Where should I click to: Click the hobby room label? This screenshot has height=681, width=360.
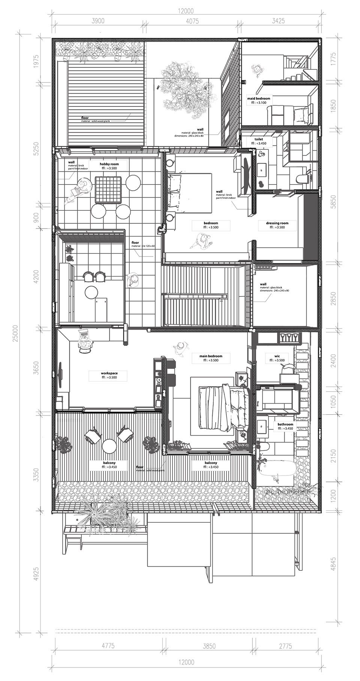[x=109, y=164]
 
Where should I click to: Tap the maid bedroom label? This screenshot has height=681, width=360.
[x=258, y=99]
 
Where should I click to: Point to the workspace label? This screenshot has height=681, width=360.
[x=109, y=373]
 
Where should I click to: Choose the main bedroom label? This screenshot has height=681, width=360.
[x=210, y=356]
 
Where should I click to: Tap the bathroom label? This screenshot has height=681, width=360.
[x=285, y=424]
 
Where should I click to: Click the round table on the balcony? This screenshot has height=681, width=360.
[x=109, y=446]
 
